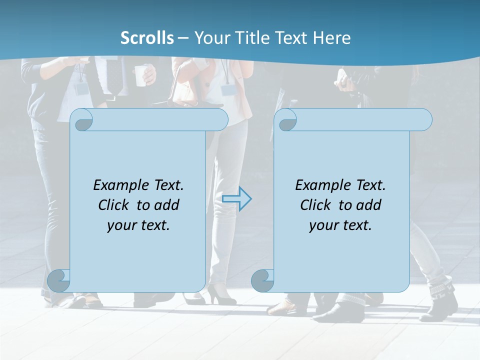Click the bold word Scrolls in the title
click(147, 38)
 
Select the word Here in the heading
click(332, 38)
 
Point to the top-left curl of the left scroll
click(83, 120)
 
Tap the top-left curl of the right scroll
click(287, 120)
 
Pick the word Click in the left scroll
click(115, 205)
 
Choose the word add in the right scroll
click(369, 205)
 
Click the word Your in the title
click(211, 38)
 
